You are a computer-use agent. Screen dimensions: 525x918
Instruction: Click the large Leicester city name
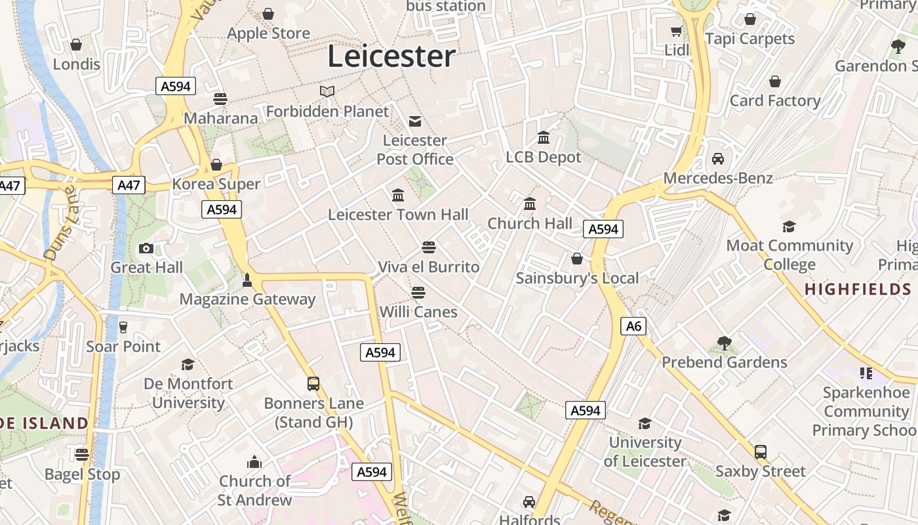pyautogui.click(x=391, y=56)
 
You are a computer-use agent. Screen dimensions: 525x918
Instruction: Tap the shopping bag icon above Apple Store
pyautogui.click(x=268, y=14)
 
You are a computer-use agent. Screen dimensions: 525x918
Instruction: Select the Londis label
pyautogui.click(x=77, y=64)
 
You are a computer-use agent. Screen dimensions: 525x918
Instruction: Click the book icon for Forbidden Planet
pyautogui.click(x=327, y=91)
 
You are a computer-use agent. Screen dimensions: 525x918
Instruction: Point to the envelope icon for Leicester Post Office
pyautogui.click(x=415, y=121)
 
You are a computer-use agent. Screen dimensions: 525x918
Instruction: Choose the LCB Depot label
pyautogui.click(x=544, y=157)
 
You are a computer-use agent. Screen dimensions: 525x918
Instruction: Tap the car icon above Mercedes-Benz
pyautogui.click(x=718, y=159)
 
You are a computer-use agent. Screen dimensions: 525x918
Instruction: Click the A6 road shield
pyautogui.click(x=633, y=326)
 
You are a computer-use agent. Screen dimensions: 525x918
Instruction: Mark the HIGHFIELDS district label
pyautogui.click(x=858, y=289)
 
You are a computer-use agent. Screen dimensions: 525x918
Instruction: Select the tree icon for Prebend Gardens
pyautogui.click(x=725, y=343)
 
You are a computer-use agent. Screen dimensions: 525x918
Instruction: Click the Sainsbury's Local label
pyautogui.click(x=577, y=278)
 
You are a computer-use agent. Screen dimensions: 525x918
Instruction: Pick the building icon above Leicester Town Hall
pyautogui.click(x=398, y=196)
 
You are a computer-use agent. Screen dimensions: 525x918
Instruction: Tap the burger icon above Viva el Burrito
pyautogui.click(x=429, y=247)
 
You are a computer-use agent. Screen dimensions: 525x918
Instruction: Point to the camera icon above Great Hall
pyautogui.click(x=146, y=248)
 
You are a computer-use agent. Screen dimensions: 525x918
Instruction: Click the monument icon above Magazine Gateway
pyautogui.click(x=247, y=280)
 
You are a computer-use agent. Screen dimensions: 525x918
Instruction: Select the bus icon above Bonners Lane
pyautogui.click(x=313, y=383)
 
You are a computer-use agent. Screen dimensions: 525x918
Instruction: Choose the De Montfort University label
pyautogui.click(x=188, y=393)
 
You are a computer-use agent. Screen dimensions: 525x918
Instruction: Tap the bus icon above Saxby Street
pyautogui.click(x=761, y=452)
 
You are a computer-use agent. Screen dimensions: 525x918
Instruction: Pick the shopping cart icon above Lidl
pyautogui.click(x=676, y=31)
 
